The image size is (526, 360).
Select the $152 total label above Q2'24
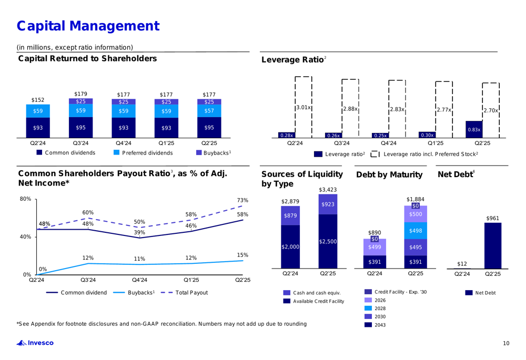(x=37, y=99)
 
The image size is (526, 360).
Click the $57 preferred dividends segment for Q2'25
(x=209, y=111)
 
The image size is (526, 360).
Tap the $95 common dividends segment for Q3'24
(x=80, y=127)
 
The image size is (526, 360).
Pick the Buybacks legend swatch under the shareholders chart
(x=199, y=153)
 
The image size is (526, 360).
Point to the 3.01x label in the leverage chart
(x=303, y=107)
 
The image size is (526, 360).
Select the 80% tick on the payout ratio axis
(x=24, y=199)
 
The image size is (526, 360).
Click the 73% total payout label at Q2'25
(x=242, y=200)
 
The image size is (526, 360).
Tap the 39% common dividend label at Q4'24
(x=139, y=232)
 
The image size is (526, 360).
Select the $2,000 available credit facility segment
(x=290, y=246)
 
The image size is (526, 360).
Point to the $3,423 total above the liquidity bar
(x=327, y=189)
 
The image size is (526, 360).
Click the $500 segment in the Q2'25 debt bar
(x=416, y=214)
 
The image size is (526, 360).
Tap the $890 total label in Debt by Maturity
(x=374, y=232)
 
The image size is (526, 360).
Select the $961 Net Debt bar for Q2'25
(x=493, y=245)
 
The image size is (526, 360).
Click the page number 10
(x=505, y=344)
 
